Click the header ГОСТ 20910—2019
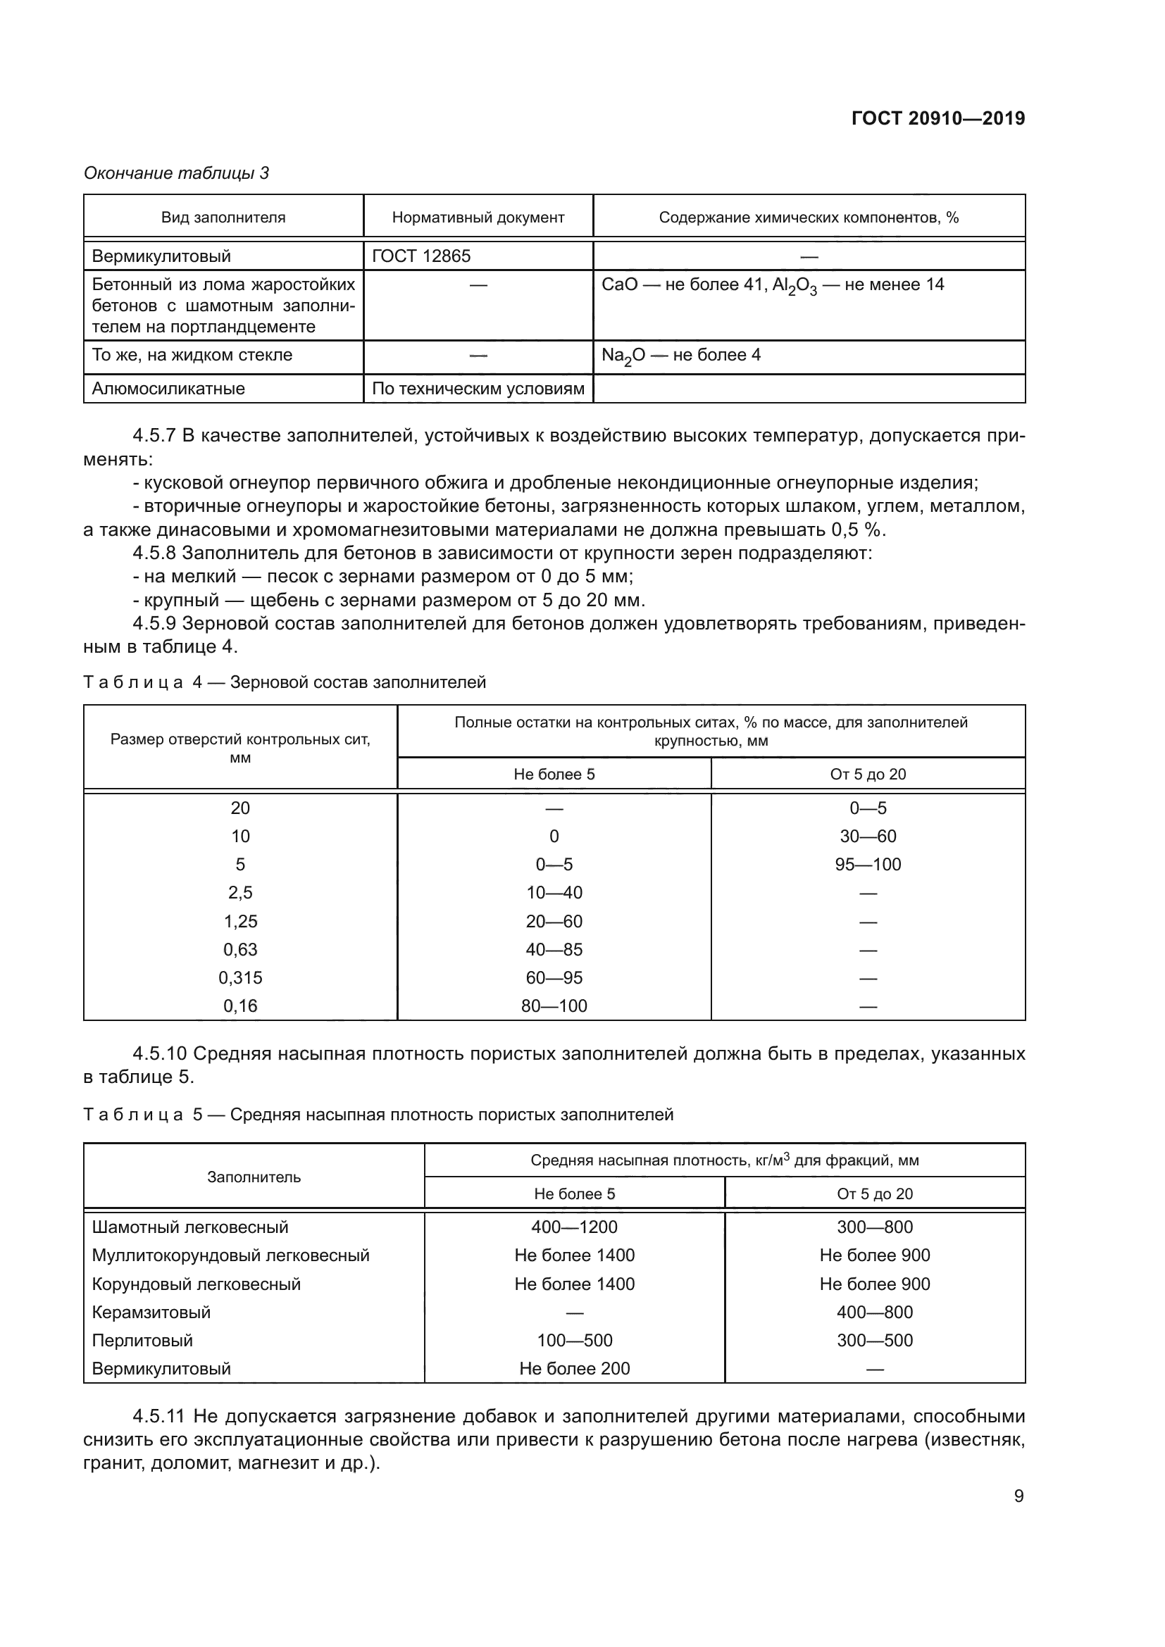(937, 118)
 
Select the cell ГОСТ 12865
(421, 256)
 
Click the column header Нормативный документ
(478, 218)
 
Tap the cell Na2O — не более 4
(681, 356)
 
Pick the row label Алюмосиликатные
(168, 389)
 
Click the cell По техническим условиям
(478, 389)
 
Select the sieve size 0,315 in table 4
(240, 978)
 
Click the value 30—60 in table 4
(868, 837)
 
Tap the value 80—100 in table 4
(554, 1006)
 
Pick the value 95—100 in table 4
(868, 865)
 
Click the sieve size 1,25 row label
(240, 921)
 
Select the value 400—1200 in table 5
(574, 1227)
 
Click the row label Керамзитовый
(151, 1313)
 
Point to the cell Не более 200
(574, 1369)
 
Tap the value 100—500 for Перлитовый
(574, 1341)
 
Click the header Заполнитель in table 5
(254, 1177)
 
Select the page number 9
(1018, 1496)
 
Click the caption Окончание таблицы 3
(177, 173)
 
